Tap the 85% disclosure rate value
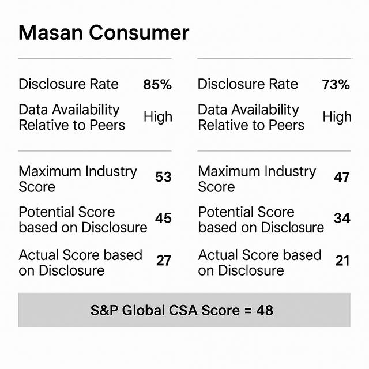tap(157, 85)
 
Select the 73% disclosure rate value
tap(336, 85)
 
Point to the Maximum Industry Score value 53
tap(163, 177)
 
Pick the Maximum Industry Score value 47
tap(342, 177)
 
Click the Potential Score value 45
tap(163, 218)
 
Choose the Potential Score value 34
tap(342, 218)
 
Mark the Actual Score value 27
tap(164, 261)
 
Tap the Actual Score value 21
tap(342, 261)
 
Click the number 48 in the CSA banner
tap(265, 310)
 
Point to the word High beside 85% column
tap(157, 117)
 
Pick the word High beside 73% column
tap(337, 117)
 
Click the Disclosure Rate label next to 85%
tap(69, 84)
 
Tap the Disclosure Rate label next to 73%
tap(248, 84)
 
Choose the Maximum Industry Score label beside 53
tap(78, 179)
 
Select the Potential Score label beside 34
tap(261, 220)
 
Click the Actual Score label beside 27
tap(80, 262)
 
